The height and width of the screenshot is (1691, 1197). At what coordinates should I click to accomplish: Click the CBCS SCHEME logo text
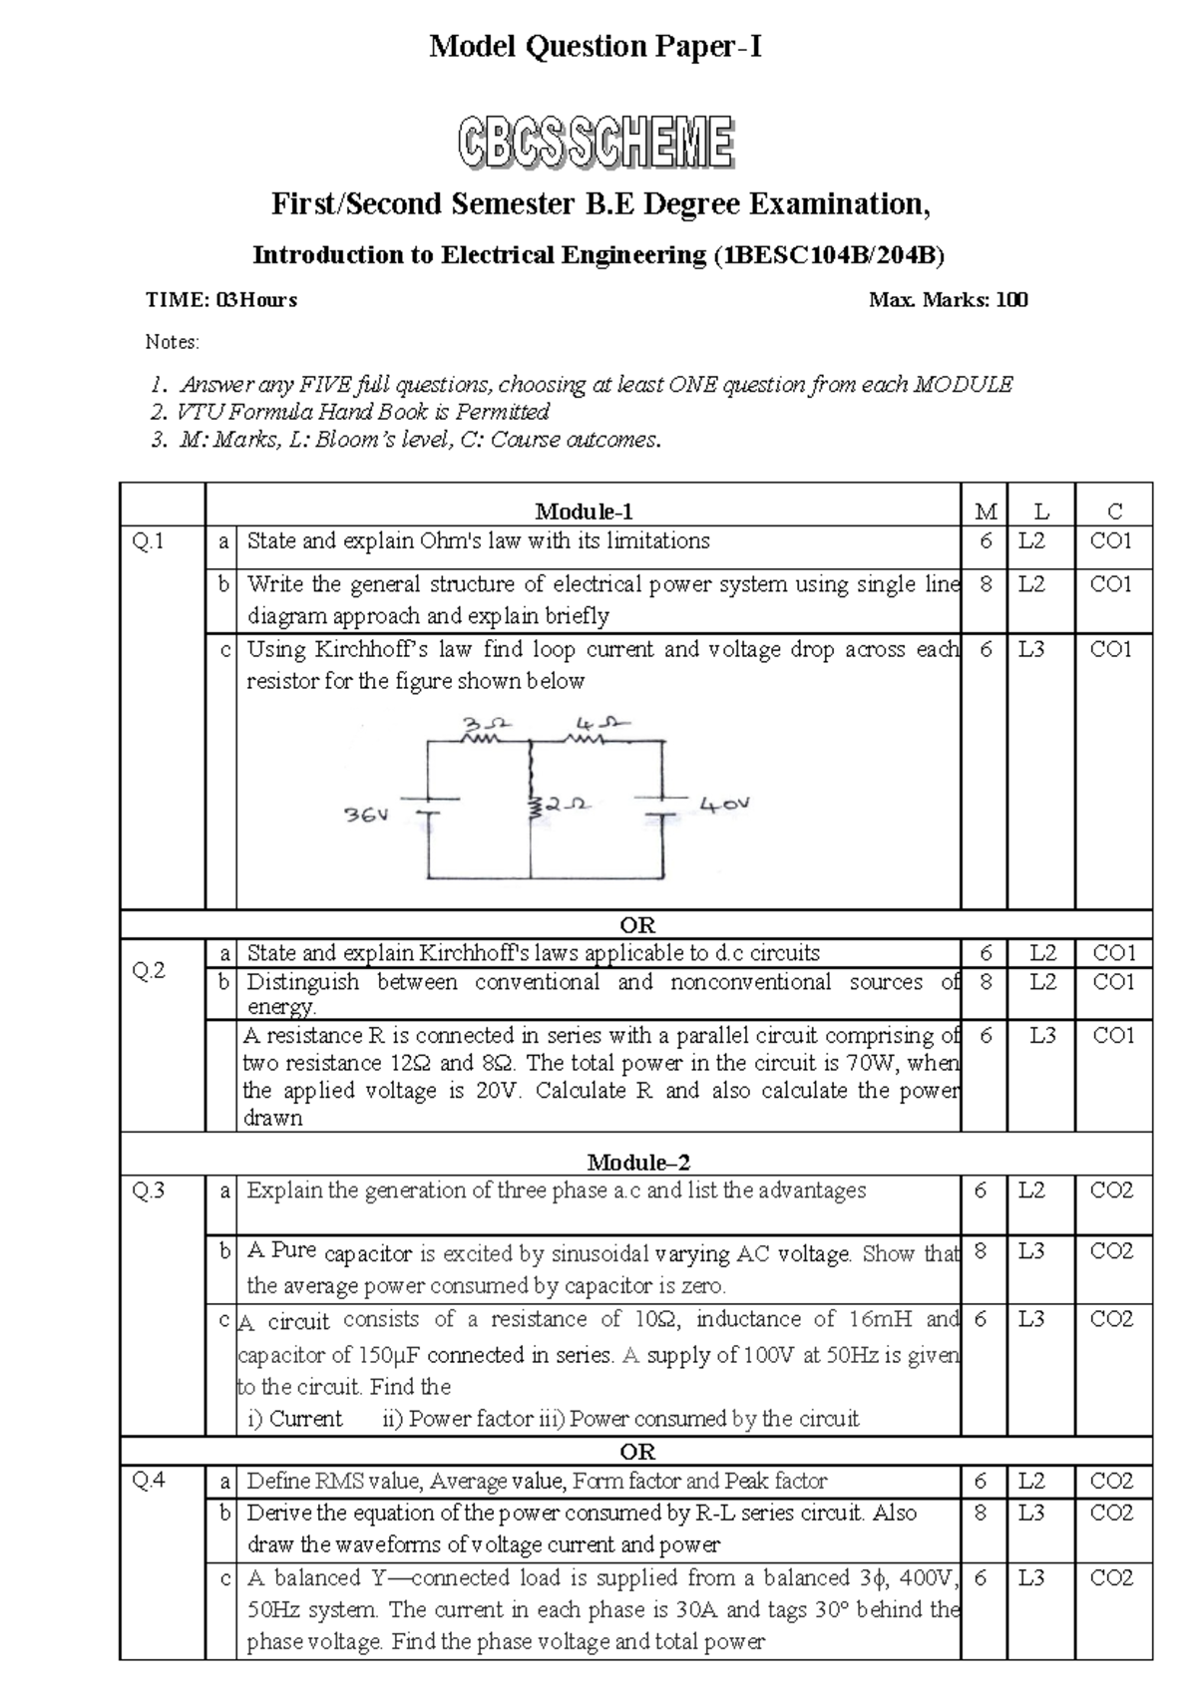[x=597, y=142]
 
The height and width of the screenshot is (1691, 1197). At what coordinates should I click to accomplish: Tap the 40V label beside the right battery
[x=725, y=805]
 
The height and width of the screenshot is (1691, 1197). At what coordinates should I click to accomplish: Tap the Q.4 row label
[x=149, y=1481]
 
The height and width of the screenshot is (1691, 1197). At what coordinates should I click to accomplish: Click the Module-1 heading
[x=584, y=511]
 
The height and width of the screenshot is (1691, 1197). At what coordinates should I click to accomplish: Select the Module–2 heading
[x=638, y=1162]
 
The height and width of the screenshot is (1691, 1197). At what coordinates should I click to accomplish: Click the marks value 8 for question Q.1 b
[x=986, y=585]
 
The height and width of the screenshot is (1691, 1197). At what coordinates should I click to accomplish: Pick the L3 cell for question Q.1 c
[x=1031, y=649]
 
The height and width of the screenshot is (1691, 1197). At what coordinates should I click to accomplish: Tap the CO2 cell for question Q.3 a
[x=1111, y=1190]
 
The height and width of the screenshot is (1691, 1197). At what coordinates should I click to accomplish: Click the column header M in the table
[x=986, y=511]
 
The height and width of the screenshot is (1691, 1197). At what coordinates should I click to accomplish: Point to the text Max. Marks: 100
[x=949, y=300]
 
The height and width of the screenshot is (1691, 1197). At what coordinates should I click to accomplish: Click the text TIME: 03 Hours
[x=221, y=300]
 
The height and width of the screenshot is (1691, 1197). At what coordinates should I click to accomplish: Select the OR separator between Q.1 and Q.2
[x=637, y=924]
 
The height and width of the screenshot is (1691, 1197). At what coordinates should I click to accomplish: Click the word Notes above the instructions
[x=172, y=342]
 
